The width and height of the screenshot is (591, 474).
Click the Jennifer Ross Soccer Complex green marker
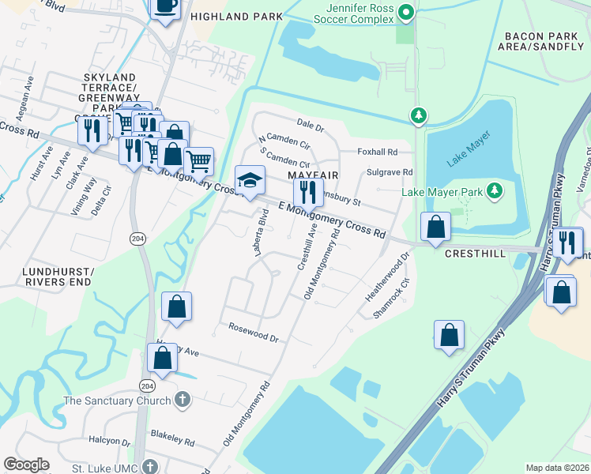pos(406,12)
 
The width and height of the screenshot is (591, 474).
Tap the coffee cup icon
pos(165,8)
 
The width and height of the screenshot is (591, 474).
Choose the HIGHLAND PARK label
pos(231,16)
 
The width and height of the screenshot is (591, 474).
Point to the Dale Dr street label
pos(311,126)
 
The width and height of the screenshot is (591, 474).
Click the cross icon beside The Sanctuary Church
pos(183,401)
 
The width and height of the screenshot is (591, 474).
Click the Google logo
pos(26,465)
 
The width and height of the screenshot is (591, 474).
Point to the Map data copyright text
pos(557,468)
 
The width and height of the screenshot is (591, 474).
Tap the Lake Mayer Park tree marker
pos(495,190)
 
